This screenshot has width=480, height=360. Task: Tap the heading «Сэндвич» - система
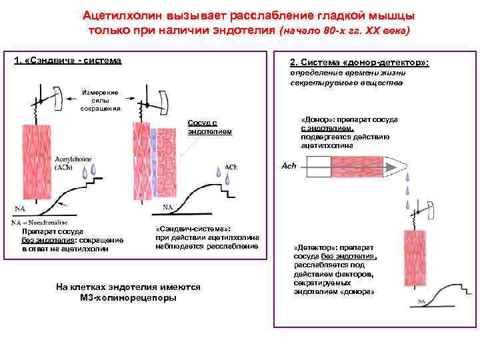click(68, 61)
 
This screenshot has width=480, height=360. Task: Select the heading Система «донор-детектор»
click(360, 62)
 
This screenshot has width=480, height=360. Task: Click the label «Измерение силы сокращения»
click(99, 100)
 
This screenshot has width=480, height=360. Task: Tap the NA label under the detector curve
click(421, 302)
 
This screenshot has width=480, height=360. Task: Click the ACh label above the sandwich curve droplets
click(231, 167)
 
